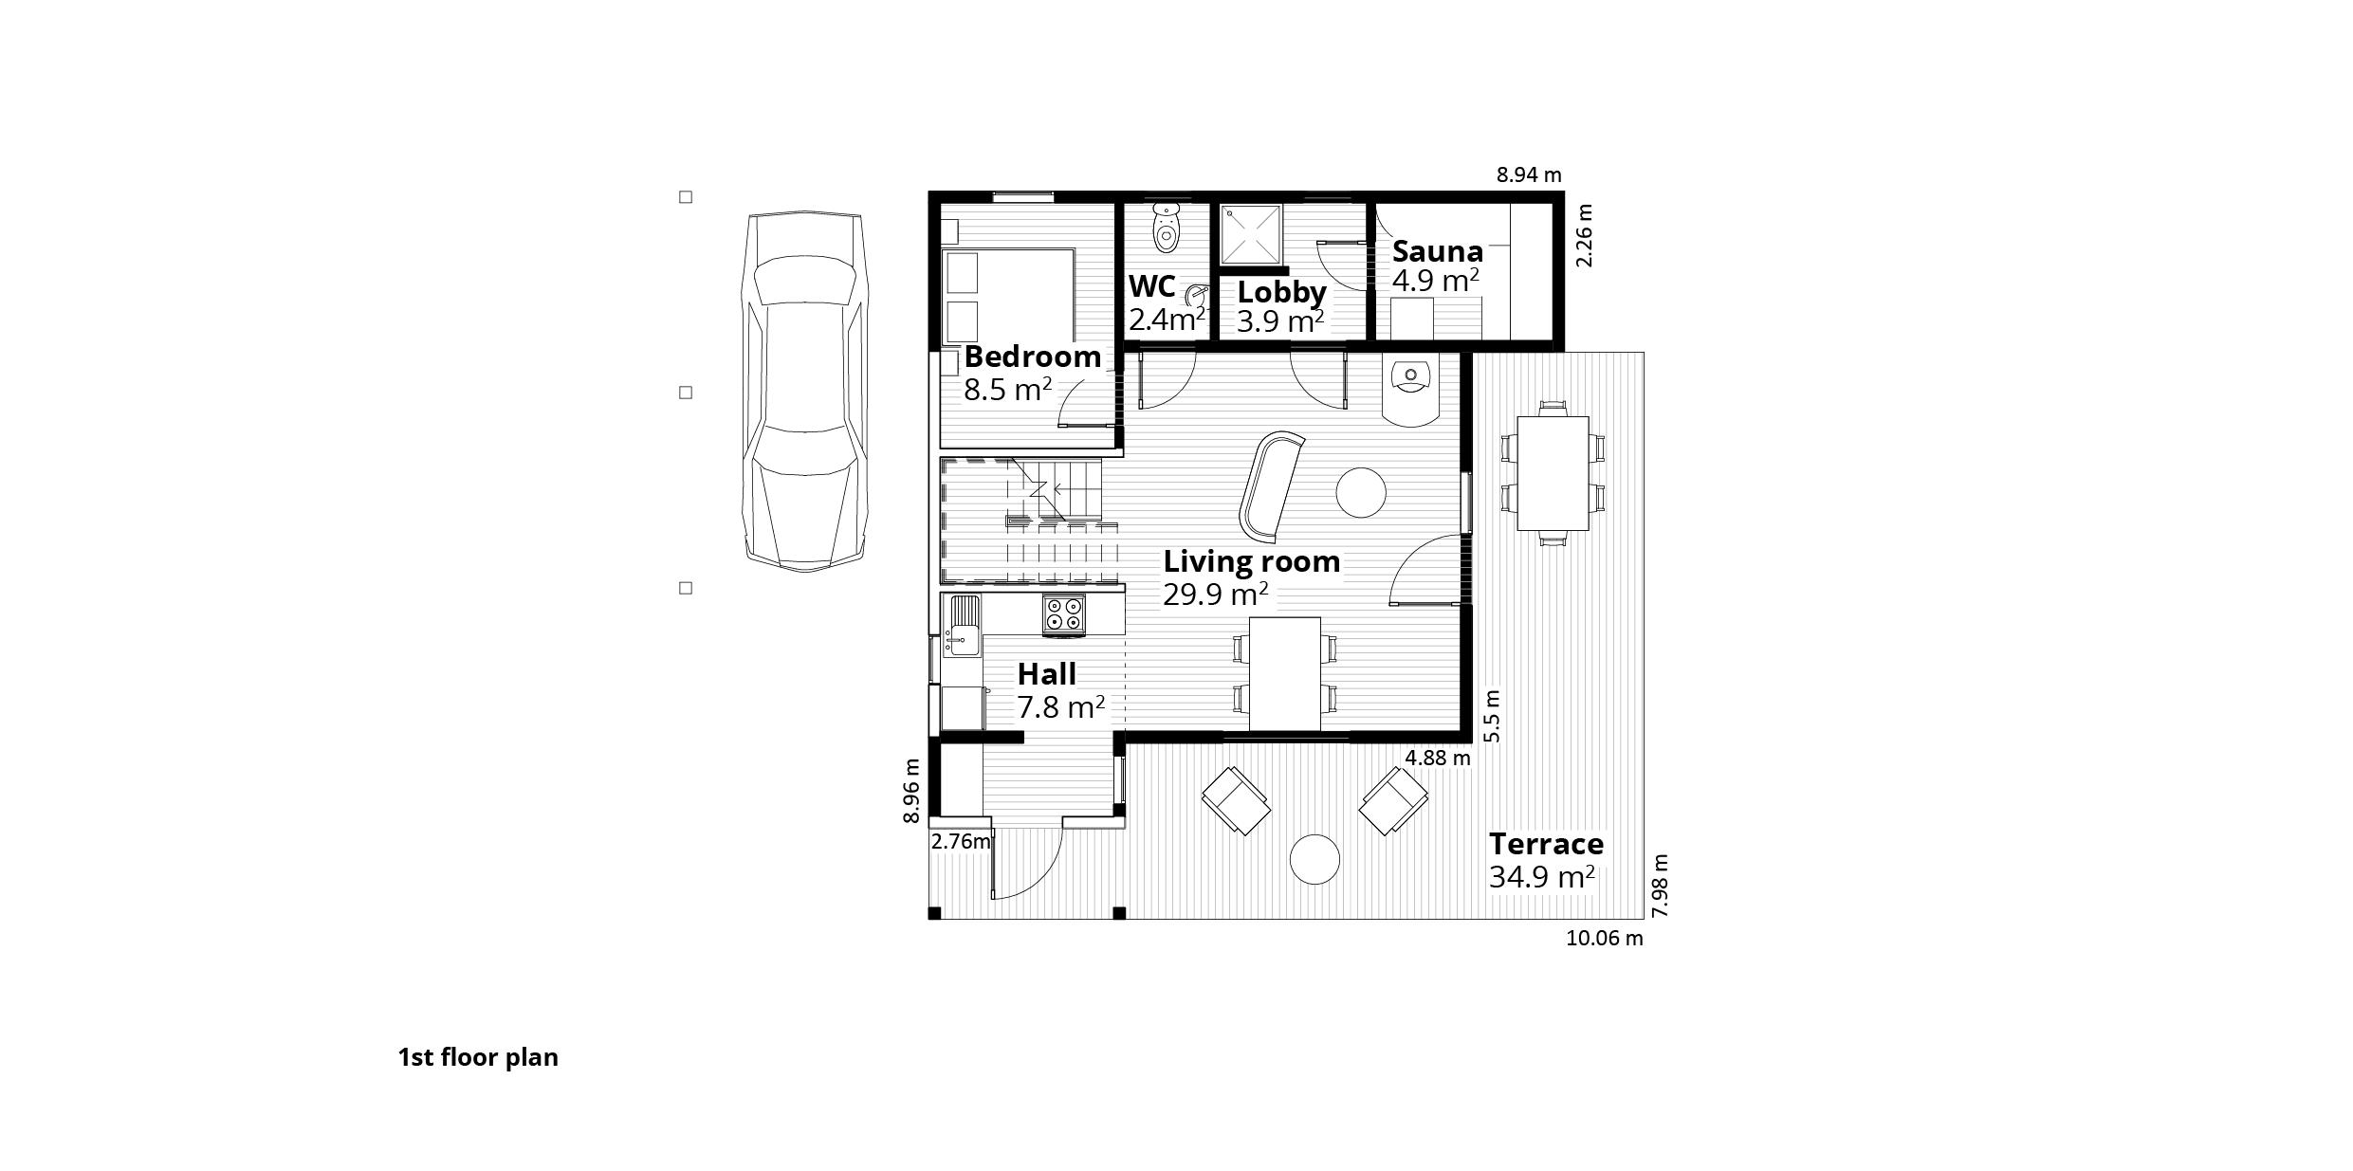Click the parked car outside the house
(x=805, y=392)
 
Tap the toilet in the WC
(x=1166, y=226)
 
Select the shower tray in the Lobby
(x=1251, y=233)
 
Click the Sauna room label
(x=1437, y=251)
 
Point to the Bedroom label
(x=1033, y=357)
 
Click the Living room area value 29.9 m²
(x=1215, y=595)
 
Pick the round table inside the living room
(x=1361, y=493)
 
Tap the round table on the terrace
(x=1315, y=859)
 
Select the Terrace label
(x=1546, y=844)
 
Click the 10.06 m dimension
(x=1605, y=939)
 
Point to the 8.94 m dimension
(x=1529, y=174)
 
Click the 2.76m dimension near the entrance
(x=962, y=841)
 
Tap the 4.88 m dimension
(x=1438, y=758)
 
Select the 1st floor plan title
(x=478, y=1057)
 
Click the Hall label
(x=1047, y=674)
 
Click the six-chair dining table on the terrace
(x=1553, y=473)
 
